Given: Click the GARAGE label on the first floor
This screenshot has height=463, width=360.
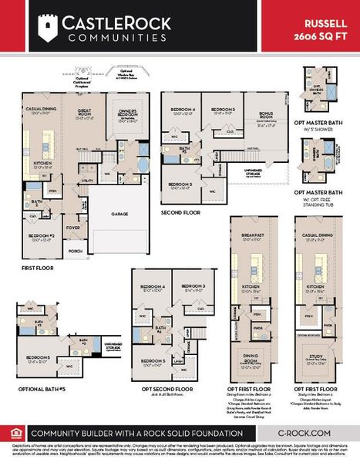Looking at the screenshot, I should pos(119,214).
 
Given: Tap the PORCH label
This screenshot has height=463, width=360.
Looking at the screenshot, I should pos(76,251).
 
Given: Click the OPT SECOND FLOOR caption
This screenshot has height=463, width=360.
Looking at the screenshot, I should pos(164,389).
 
